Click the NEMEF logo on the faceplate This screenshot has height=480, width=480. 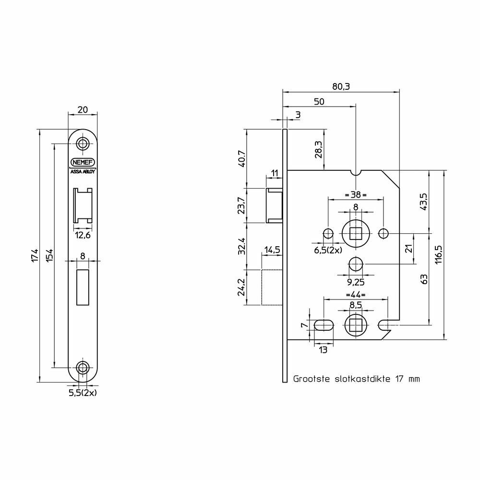[83, 162]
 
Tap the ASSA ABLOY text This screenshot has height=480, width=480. [83, 172]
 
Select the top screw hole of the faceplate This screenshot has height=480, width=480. [83, 143]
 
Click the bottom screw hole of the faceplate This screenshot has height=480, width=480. [83, 367]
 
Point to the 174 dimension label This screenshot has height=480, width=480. [35, 256]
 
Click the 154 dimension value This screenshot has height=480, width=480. [49, 256]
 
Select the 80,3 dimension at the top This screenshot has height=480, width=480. [341, 86]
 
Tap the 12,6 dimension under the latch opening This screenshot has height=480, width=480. [83, 236]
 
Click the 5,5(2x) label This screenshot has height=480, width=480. [83, 393]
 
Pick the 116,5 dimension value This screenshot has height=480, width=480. [439, 255]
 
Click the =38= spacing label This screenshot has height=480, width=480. [355, 194]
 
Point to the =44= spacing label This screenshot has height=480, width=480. [355, 295]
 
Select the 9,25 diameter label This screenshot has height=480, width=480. [355, 282]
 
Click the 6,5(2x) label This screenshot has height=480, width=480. [328, 250]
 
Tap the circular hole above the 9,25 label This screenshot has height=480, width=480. [355, 264]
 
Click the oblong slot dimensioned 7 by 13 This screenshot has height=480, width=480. [324, 325]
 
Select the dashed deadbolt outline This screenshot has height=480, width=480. [272, 287]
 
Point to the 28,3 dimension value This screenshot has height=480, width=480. [318, 150]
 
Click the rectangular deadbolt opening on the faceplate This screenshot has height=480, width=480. [83, 287]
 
